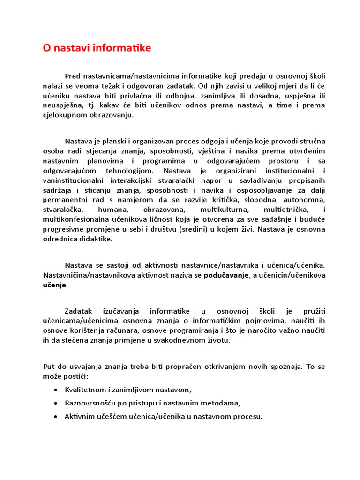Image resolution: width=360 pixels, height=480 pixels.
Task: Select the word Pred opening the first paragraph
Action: pos(73,76)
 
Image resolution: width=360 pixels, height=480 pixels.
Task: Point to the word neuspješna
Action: pos(61,105)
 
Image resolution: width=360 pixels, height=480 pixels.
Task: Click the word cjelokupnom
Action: pos(64,115)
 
